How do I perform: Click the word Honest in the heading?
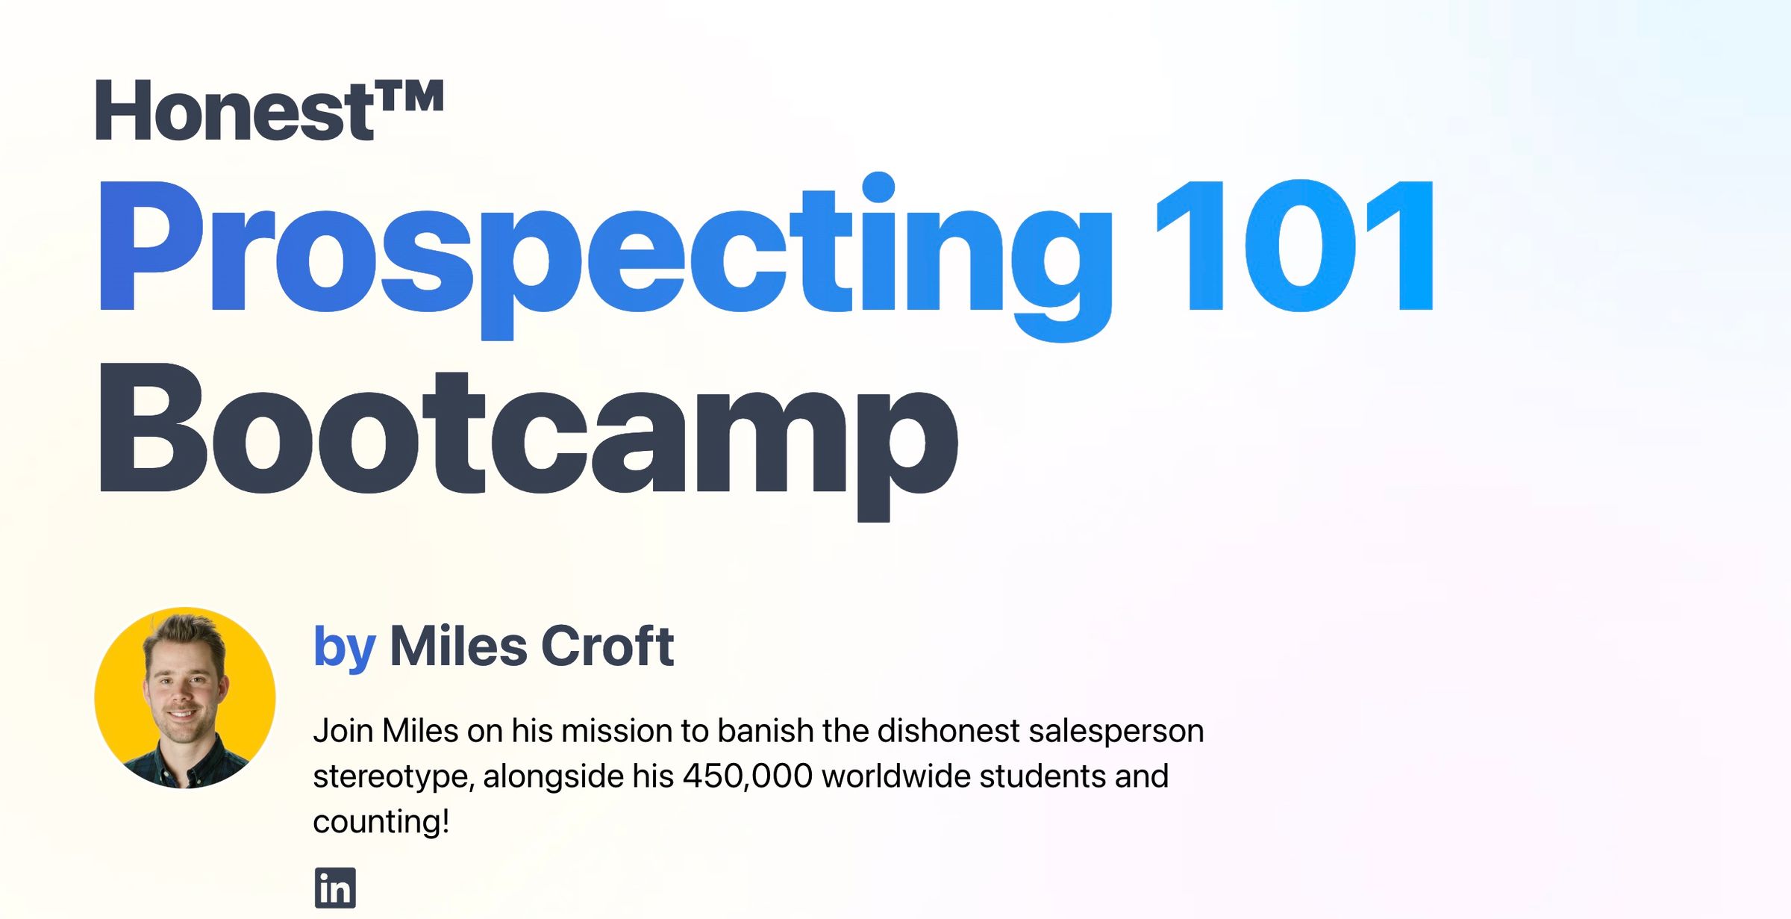pyautogui.click(x=233, y=112)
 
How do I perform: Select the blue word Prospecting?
pyautogui.click(x=604, y=250)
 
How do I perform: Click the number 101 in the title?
pyautogui.click(x=1295, y=246)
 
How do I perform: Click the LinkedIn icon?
pyautogui.click(x=335, y=888)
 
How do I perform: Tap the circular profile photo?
pyautogui.click(x=185, y=698)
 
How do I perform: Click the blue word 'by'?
pyautogui.click(x=344, y=647)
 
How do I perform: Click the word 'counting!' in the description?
pyautogui.click(x=381, y=822)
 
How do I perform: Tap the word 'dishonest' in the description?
pyautogui.click(x=948, y=731)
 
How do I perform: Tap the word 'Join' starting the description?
pyautogui.click(x=343, y=731)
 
